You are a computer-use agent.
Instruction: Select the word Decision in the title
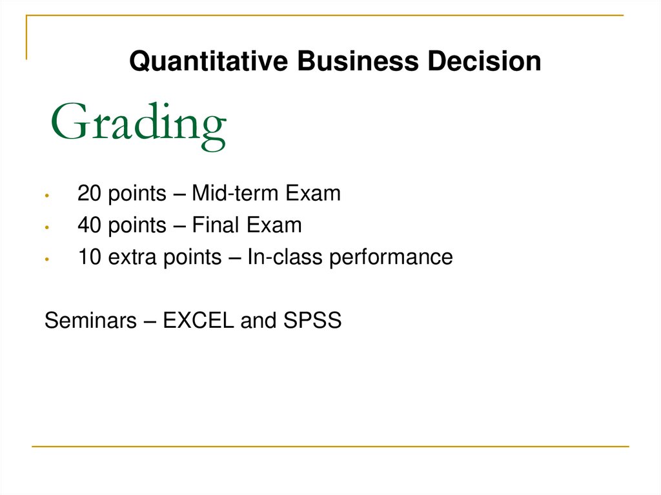pos(484,62)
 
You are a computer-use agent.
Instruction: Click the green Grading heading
pos(138,124)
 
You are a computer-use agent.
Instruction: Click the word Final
pos(216,225)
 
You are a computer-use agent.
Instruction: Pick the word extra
pos(132,257)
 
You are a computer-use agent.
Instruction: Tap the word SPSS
pos(312,321)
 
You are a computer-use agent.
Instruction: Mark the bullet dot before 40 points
pos(47,227)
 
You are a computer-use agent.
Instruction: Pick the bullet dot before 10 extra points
pos(47,259)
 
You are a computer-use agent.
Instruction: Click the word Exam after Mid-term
pos(312,193)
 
